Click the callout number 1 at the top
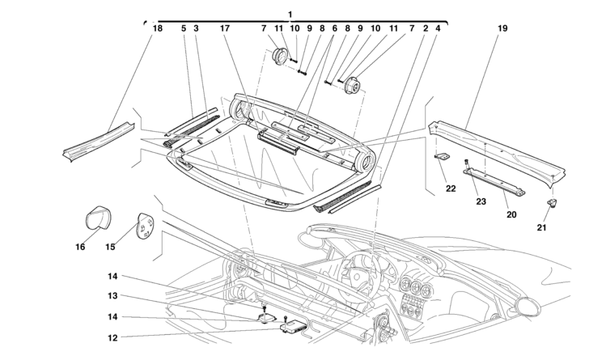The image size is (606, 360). pyautogui.click(x=290, y=14)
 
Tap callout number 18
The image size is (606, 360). pyautogui.click(x=156, y=28)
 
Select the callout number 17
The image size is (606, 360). pyautogui.click(x=226, y=28)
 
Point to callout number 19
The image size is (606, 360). pyautogui.click(x=502, y=28)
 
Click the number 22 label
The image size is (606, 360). pyautogui.click(x=451, y=188)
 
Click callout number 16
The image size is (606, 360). pyautogui.click(x=80, y=248)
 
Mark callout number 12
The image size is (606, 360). pyautogui.click(x=113, y=337)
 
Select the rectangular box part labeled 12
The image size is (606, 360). pyautogui.click(x=293, y=326)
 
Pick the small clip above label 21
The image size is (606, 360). pyautogui.click(x=553, y=201)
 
